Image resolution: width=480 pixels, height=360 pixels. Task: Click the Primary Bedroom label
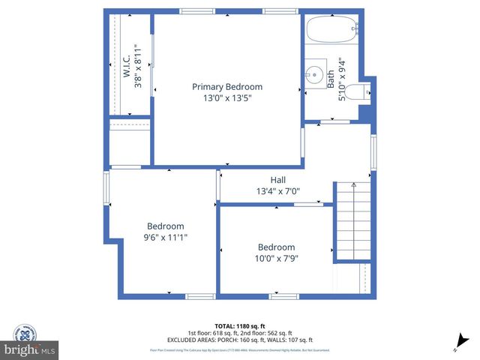click(x=227, y=86)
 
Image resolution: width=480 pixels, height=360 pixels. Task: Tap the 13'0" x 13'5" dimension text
click(x=227, y=97)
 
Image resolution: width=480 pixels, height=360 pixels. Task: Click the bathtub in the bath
click(x=333, y=30)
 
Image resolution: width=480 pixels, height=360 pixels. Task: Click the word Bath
click(x=331, y=79)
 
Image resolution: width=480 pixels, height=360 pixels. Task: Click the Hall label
click(x=278, y=180)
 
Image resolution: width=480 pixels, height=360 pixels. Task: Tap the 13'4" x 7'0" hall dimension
click(x=278, y=191)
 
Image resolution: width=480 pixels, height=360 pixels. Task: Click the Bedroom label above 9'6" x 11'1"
click(x=165, y=226)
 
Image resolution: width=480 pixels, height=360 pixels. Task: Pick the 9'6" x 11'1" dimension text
click(x=165, y=237)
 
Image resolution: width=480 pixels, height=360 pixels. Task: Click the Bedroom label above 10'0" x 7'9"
click(x=276, y=247)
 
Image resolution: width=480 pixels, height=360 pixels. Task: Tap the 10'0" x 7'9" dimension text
click(x=276, y=259)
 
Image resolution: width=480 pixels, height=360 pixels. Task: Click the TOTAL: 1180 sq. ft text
click(x=240, y=326)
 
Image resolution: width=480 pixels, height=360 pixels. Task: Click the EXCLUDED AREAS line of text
click(x=240, y=340)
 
